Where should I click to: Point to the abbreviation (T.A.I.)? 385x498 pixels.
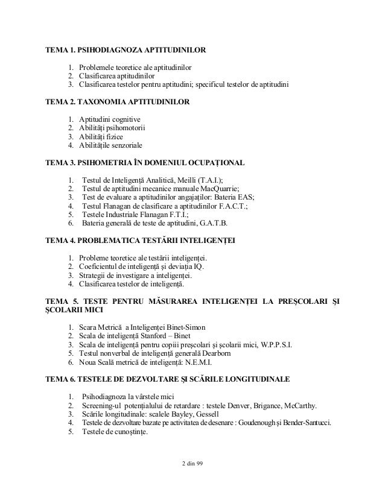(206, 179)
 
